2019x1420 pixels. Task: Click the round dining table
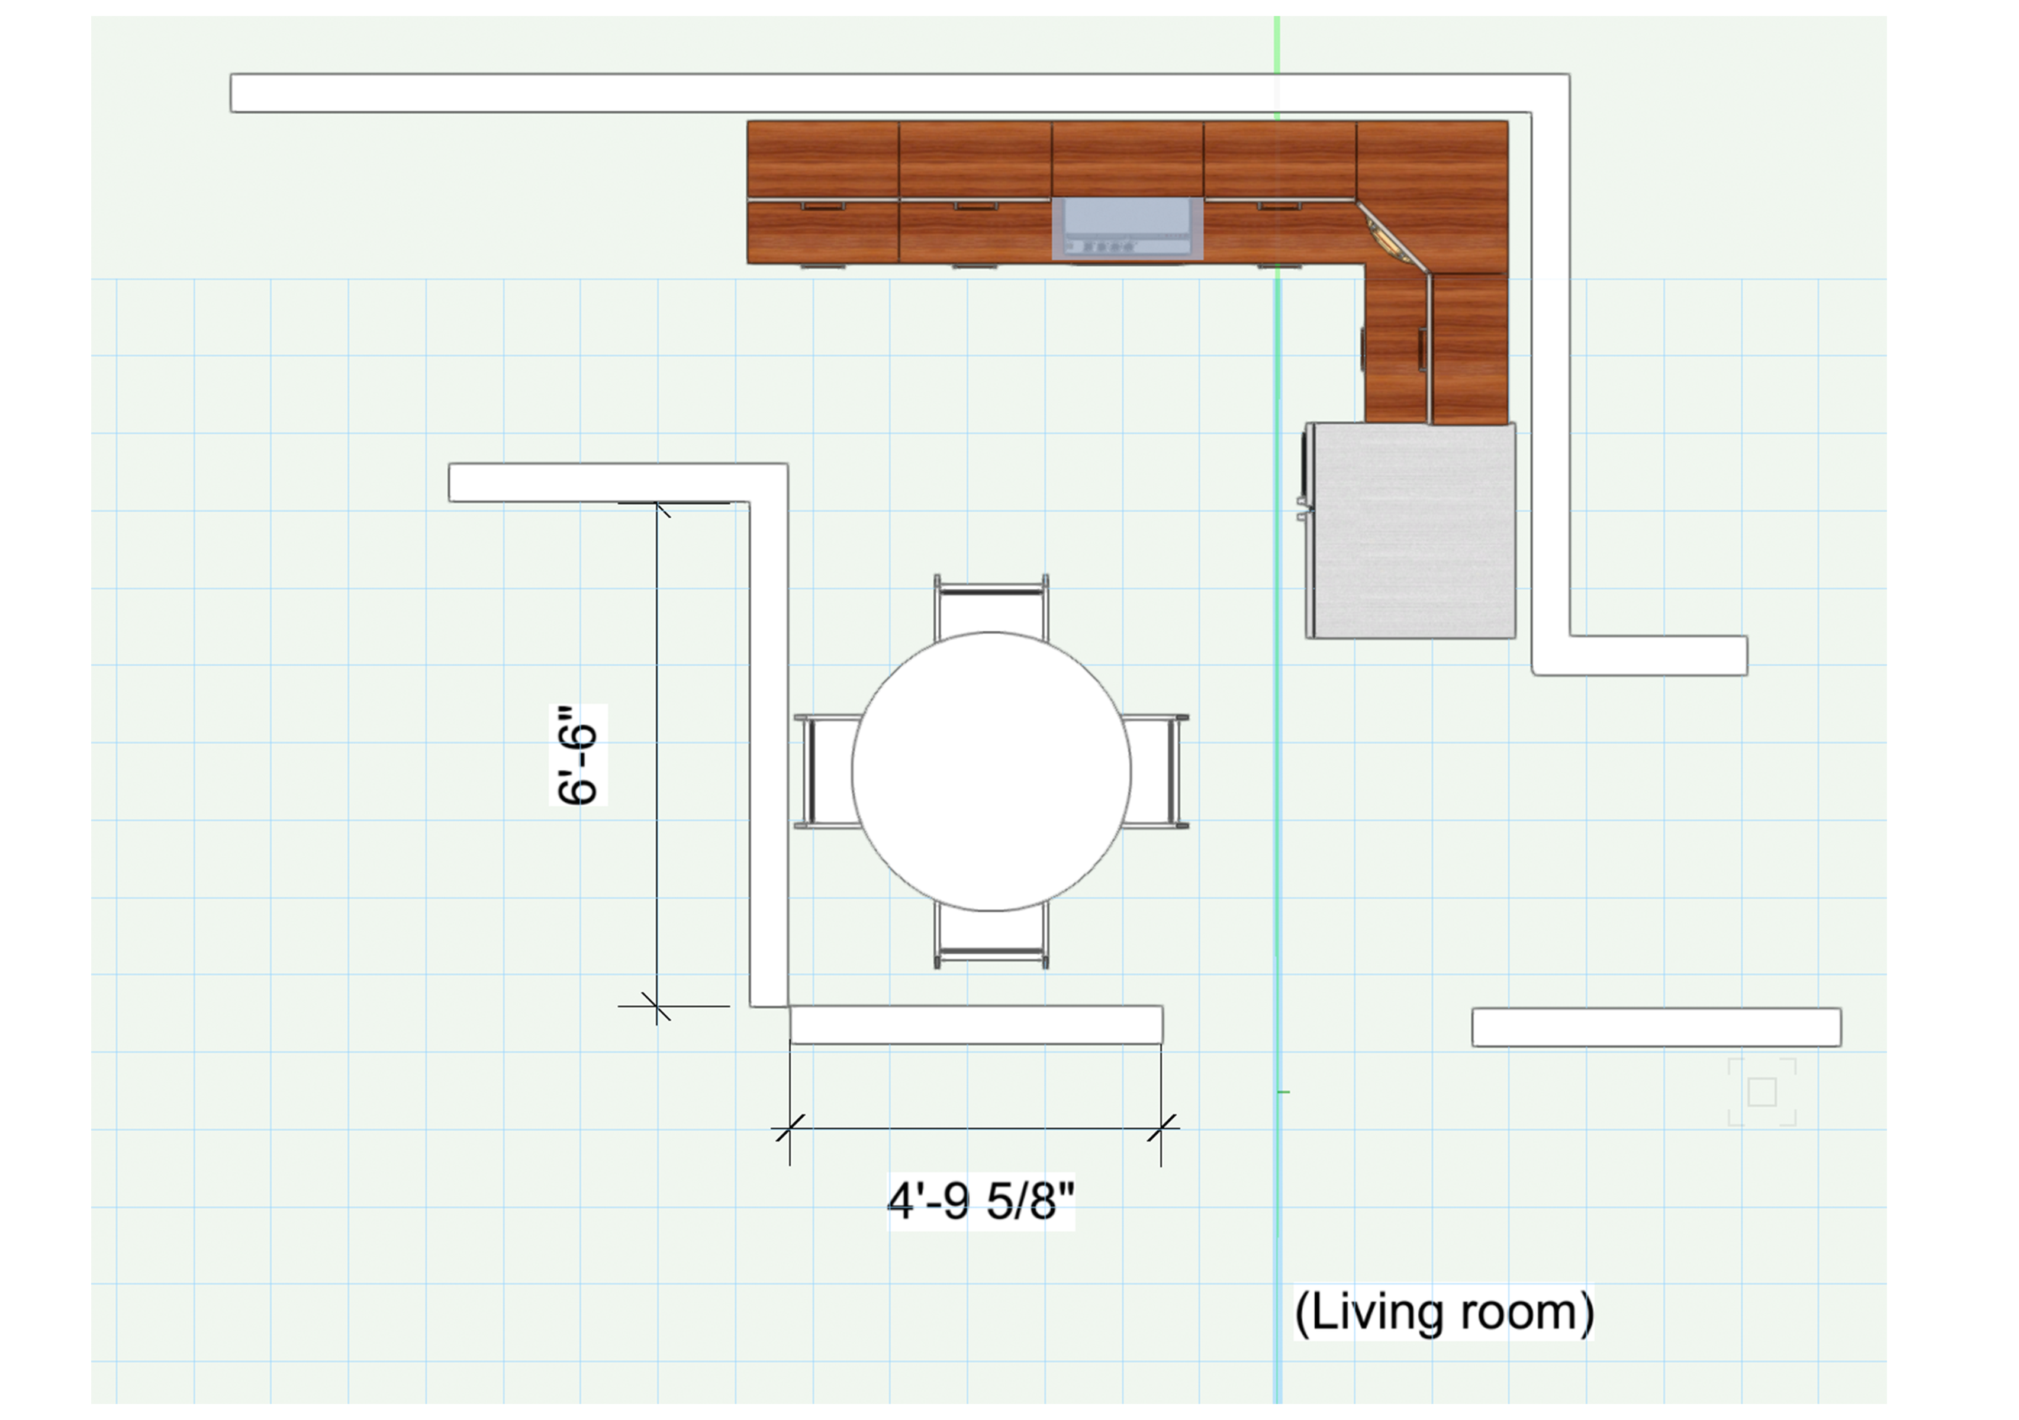pos(991,771)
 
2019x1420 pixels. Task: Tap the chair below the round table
pos(991,937)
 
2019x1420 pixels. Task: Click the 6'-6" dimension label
pos(578,754)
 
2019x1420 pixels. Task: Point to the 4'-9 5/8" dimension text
pos(980,1201)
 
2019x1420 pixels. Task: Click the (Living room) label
pos(1444,1313)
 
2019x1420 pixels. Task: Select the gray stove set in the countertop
pos(1128,228)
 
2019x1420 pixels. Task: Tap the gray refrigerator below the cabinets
pos(1409,530)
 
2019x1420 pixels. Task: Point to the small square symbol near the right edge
pos(1762,1092)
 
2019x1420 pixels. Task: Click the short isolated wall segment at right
pos(1657,1027)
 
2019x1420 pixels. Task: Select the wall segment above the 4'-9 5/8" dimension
pos(976,1025)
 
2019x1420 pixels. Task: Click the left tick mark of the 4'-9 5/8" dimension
pos(790,1128)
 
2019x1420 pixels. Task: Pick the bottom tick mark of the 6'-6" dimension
pos(656,1006)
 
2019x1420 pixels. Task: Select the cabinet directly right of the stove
pos(1280,192)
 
